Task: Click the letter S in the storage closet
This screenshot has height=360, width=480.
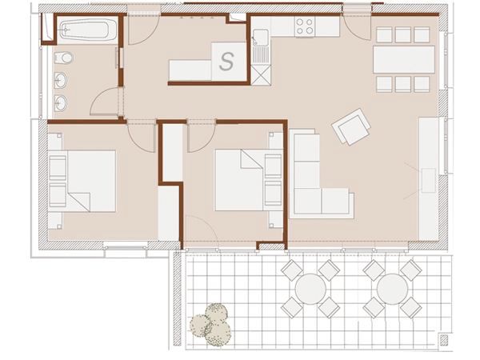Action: coord(227,62)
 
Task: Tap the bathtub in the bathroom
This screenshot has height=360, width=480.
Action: coord(87,30)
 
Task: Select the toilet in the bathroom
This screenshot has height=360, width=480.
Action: coord(63,58)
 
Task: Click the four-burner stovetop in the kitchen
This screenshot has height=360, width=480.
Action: coord(305,26)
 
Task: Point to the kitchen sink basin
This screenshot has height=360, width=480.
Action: coord(261,38)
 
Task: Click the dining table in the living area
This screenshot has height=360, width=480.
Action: coord(404,59)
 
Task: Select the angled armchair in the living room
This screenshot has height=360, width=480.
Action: coord(351,126)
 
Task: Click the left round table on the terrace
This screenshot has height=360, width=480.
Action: coord(310,289)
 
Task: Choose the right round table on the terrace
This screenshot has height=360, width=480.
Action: coord(393,289)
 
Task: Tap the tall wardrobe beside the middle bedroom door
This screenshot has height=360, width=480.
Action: coord(174,152)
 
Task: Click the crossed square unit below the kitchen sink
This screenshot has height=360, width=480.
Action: coord(261,75)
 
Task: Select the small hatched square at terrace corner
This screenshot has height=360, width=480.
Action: coord(444,339)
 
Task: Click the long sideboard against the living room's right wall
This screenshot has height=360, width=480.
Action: coord(428,178)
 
